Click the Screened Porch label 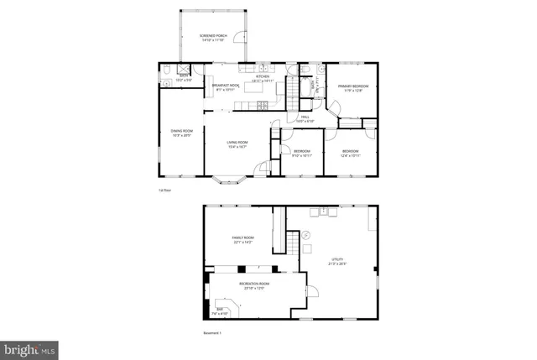(213, 37)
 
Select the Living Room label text (237, 143)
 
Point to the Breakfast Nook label (222, 86)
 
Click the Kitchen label (263, 78)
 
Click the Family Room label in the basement (243, 240)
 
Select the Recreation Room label (253, 285)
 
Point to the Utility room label (339, 262)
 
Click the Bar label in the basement (221, 312)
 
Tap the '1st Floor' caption (164, 190)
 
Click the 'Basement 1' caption (212, 333)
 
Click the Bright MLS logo (29, 347)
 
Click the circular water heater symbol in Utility (306, 234)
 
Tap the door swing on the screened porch (240, 37)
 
